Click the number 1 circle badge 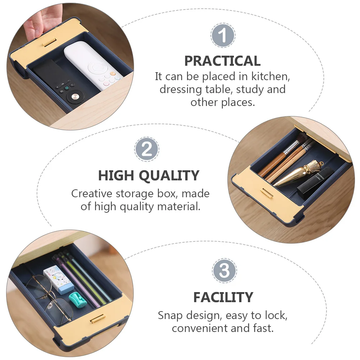[x=223, y=36]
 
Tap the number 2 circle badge [x=147, y=149]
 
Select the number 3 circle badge [x=224, y=270]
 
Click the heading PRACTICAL [x=222, y=61]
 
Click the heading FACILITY [x=223, y=297]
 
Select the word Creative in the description [x=92, y=194]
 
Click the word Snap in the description [x=171, y=316]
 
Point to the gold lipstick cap [x=296, y=175]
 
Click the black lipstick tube [x=316, y=183]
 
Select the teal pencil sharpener [x=79, y=299]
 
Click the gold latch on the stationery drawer [x=98, y=318]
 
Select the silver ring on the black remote [x=74, y=97]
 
